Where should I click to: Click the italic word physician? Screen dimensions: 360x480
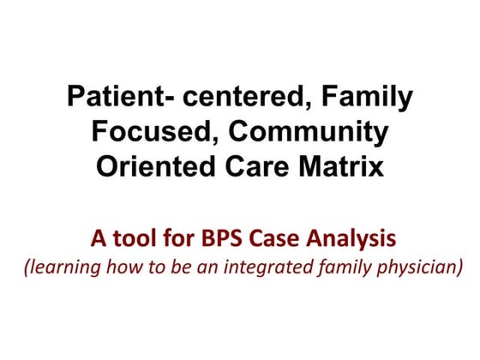tap(419, 267)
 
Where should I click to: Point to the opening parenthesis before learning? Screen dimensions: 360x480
tap(26, 267)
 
